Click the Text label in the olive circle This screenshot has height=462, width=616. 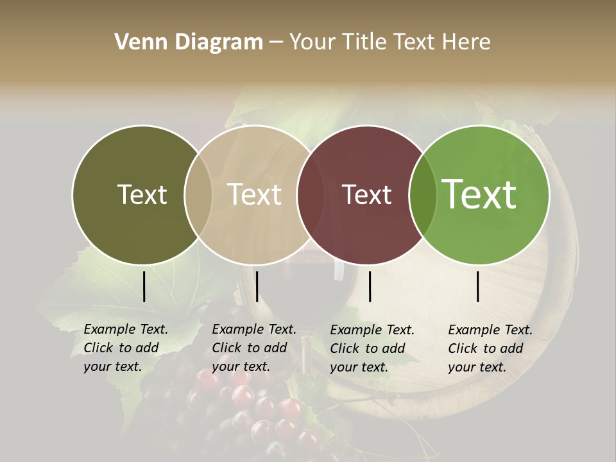(x=142, y=194)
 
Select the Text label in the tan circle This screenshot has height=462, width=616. (x=255, y=194)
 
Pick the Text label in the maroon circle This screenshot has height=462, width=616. (x=367, y=194)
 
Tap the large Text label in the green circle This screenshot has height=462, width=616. (x=479, y=194)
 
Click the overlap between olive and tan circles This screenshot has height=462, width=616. (x=198, y=195)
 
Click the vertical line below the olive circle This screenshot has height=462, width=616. (x=144, y=286)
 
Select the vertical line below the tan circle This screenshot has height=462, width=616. (x=257, y=286)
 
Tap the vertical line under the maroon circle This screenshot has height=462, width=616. (x=370, y=286)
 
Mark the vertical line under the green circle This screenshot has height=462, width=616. (x=478, y=286)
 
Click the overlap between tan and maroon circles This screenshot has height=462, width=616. (x=310, y=195)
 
